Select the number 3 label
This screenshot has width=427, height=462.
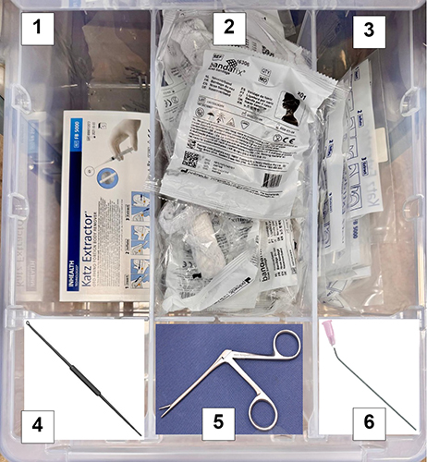point(368,29)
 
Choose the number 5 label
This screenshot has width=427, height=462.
point(219,423)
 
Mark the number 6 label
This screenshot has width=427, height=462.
point(369,423)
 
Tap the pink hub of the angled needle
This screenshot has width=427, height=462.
point(327,330)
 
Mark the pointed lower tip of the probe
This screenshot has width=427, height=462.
point(140,434)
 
